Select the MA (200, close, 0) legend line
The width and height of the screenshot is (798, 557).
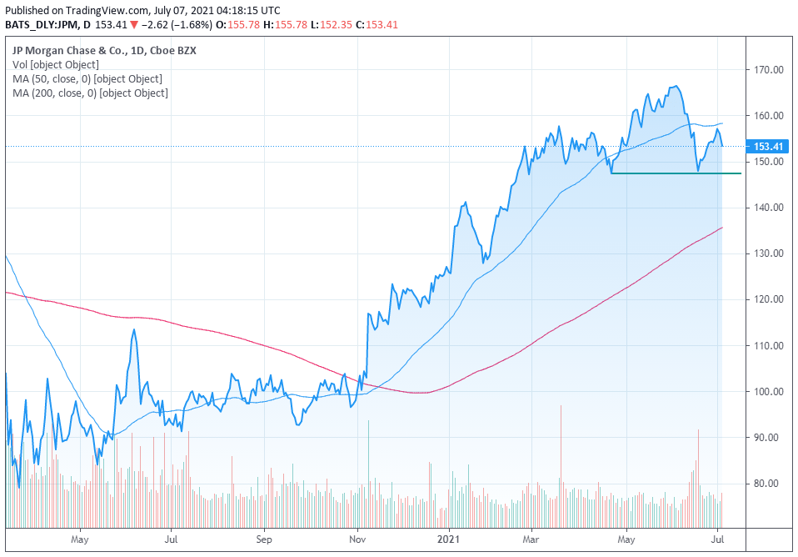click(90, 93)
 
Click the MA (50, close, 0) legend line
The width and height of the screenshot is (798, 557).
click(87, 78)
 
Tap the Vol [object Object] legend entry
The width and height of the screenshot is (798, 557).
click(56, 64)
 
